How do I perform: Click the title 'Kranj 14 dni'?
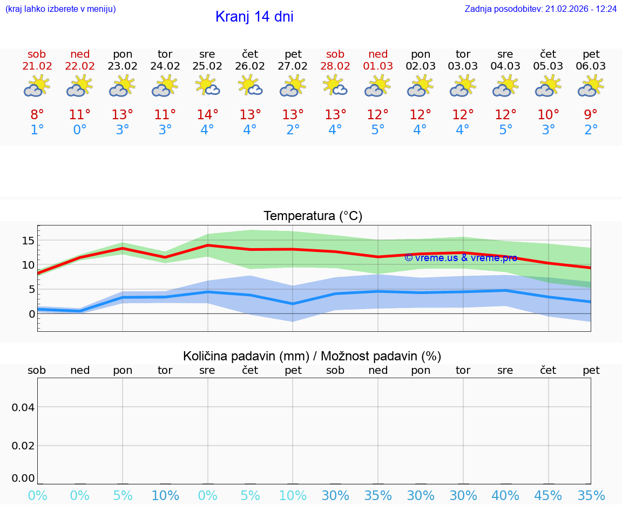click(254, 17)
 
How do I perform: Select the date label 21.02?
click(37, 66)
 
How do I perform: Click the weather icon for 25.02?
click(207, 86)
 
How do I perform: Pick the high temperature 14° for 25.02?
click(207, 114)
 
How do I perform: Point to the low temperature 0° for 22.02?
click(79, 130)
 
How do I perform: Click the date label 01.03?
click(378, 66)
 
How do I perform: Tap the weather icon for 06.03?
click(591, 86)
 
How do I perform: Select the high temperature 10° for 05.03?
click(548, 114)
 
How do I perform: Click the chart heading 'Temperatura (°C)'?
click(313, 216)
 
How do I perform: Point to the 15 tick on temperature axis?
click(28, 241)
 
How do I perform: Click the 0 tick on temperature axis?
click(32, 314)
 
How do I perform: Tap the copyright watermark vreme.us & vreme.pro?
click(461, 258)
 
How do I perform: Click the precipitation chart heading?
click(312, 356)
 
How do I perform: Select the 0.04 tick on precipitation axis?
click(23, 407)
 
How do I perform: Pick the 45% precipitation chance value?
click(548, 496)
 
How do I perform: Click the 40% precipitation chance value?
click(505, 496)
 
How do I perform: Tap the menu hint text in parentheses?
click(60, 9)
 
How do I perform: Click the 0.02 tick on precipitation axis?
click(23, 446)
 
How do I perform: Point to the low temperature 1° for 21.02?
click(37, 130)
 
